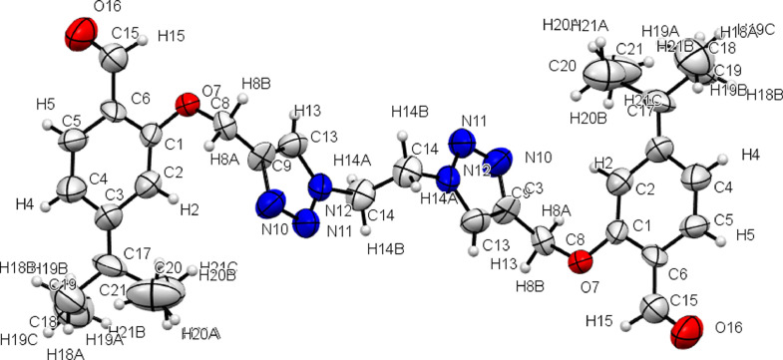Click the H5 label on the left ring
pyautogui.click(x=44, y=103)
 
